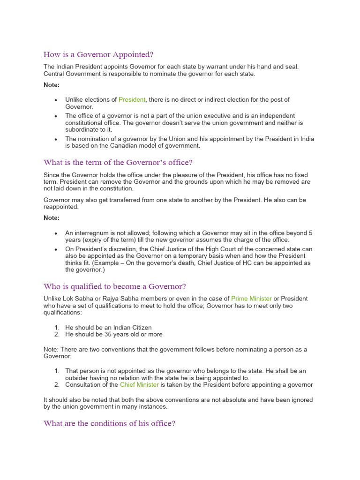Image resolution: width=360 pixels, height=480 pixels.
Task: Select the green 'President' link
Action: click(132, 100)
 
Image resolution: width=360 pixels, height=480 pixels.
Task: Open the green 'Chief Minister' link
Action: click(139, 385)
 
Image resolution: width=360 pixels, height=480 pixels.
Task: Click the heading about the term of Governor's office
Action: click(118, 163)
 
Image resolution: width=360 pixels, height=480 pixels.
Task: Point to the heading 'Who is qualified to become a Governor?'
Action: click(115, 286)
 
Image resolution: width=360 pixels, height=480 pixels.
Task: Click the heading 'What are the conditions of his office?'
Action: click(109, 423)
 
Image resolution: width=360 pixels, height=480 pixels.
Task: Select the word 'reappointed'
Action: click(61, 207)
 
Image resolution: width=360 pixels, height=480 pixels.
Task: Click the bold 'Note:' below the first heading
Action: click(52, 85)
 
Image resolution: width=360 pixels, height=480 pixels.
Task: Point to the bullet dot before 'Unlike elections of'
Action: click(56, 100)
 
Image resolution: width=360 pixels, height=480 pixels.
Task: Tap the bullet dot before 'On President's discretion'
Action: click(56, 249)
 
